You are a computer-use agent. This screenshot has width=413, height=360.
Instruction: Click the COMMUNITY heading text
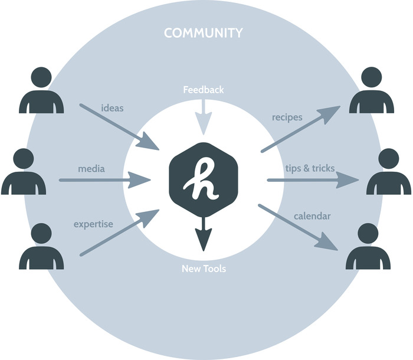pyautogui.click(x=203, y=33)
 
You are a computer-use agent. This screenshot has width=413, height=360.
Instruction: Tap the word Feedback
pyautogui.click(x=203, y=90)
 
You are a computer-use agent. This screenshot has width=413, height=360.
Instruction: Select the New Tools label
pyautogui.click(x=204, y=269)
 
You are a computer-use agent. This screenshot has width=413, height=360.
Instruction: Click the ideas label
pyautogui.click(x=112, y=109)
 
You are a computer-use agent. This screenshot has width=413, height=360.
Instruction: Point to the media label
pyautogui.click(x=91, y=169)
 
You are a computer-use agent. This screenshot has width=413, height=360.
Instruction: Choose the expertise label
pyautogui.click(x=93, y=224)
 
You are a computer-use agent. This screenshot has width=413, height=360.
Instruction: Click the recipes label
pyautogui.click(x=287, y=117)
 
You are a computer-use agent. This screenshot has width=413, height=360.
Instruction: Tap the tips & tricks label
pyautogui.click(x=309, y=168)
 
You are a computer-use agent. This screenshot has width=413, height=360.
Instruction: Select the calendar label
pyautogui.click(x=312, y=216)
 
